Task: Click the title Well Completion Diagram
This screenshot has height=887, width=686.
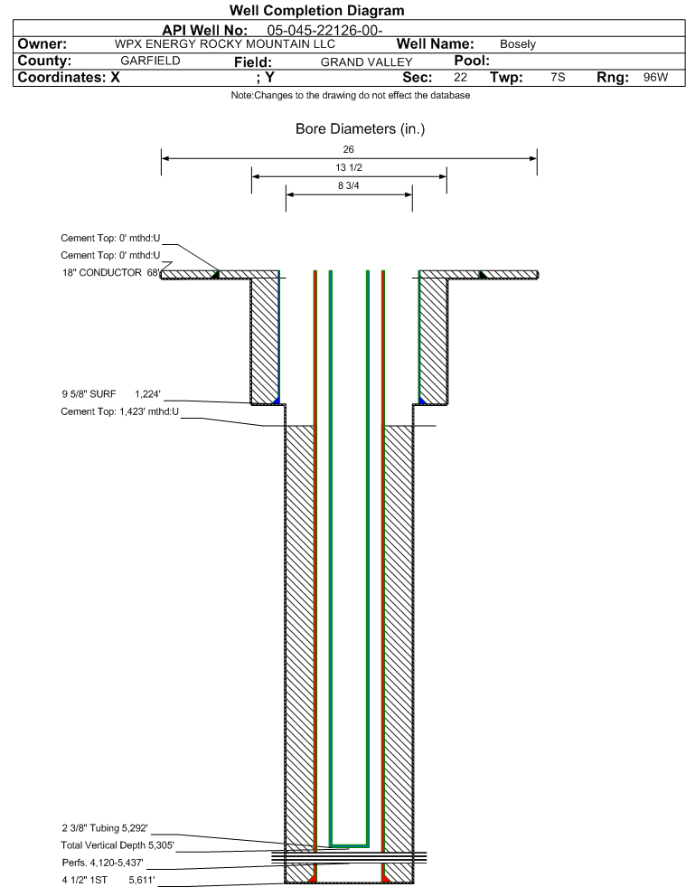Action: point(316,10)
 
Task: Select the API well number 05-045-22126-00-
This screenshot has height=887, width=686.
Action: point(324,31)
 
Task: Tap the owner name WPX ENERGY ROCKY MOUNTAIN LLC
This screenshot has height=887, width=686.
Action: point(224,44)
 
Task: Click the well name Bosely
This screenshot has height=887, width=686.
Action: point(518,44)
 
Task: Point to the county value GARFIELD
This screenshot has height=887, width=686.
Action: point(150,61)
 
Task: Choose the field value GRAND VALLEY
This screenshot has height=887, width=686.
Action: point(366,62)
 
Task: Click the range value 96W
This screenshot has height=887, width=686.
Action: point(655,77)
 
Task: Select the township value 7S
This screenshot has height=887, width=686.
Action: point(558,77)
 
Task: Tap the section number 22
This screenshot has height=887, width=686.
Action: point(460,77)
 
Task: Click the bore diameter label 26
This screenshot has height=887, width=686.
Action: point(348,149)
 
